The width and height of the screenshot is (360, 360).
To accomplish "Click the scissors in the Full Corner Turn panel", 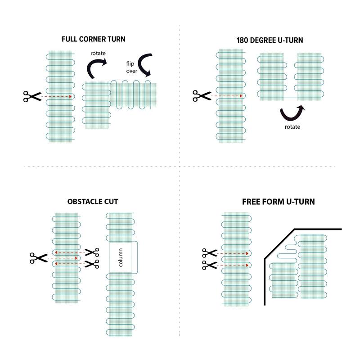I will [31, 96].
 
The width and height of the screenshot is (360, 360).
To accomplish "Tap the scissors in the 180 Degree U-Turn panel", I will [201, 96].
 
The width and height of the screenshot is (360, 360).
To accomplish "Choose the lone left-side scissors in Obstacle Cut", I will [38, 258].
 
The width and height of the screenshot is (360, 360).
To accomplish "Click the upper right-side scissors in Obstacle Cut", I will [92, 252].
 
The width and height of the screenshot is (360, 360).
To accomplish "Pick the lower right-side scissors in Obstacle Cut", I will [92, 264].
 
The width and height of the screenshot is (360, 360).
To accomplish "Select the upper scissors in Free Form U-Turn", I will [209, 253].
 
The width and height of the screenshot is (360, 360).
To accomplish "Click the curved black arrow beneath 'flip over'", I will [145, 66].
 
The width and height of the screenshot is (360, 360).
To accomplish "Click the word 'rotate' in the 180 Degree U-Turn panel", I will [292, 127].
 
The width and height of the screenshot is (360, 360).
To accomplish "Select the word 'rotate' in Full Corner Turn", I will [98, 53].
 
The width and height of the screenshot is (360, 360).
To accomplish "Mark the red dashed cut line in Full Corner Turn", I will [57, 96].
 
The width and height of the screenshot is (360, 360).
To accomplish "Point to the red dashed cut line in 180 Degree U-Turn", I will [227, 96].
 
